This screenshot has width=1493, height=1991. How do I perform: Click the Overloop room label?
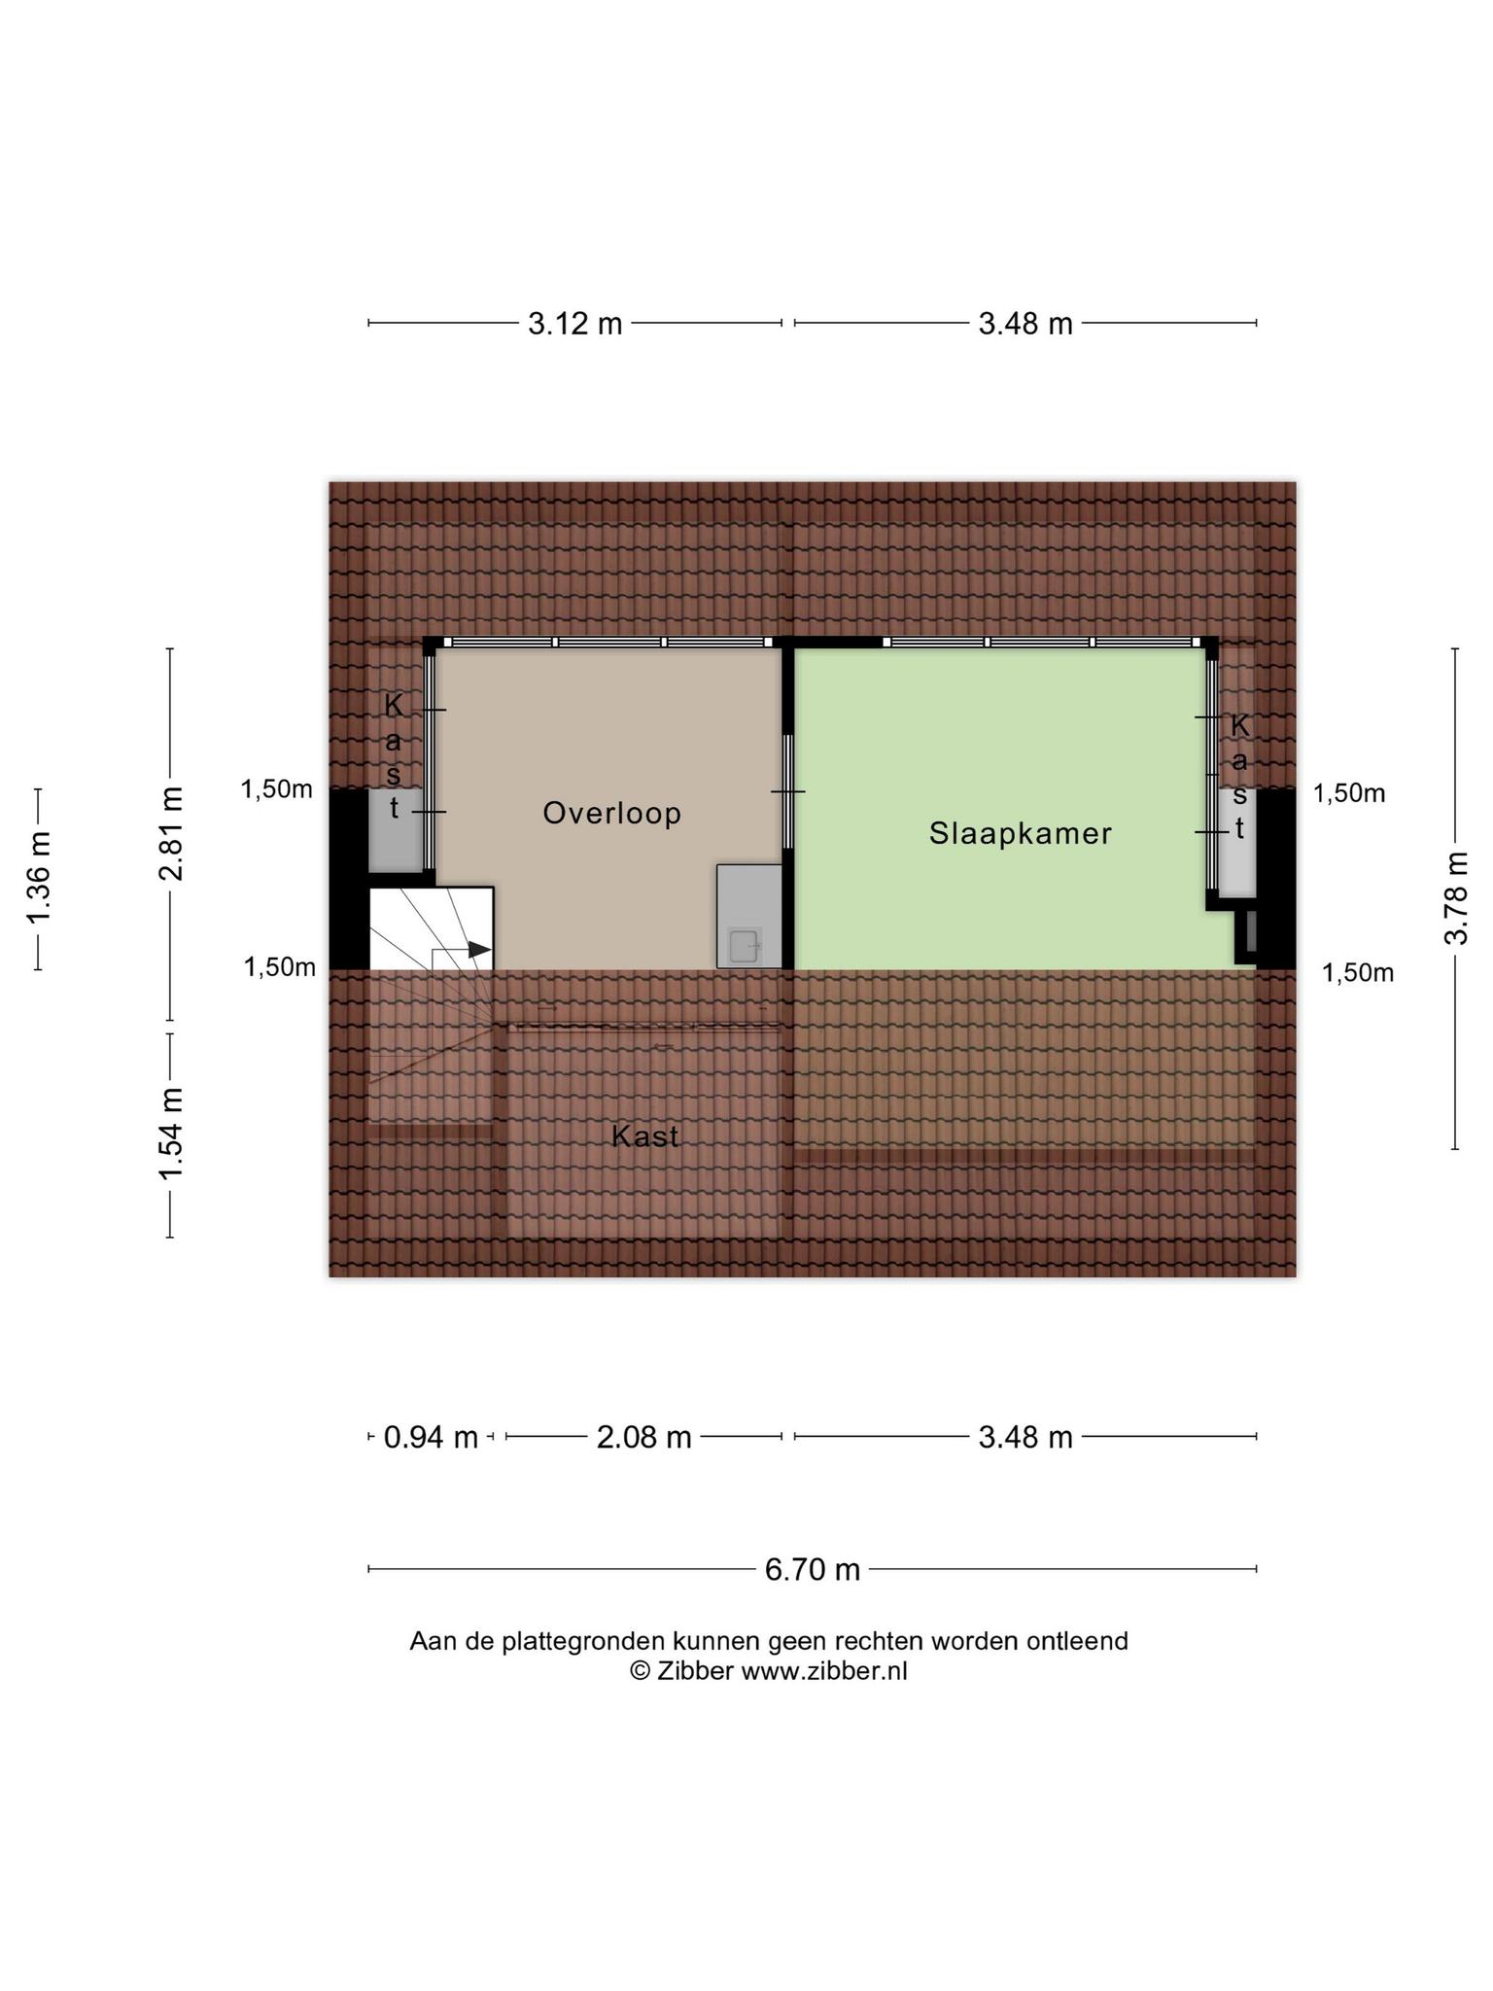(611, 813)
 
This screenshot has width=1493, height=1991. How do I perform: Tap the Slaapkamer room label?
(1021, 834)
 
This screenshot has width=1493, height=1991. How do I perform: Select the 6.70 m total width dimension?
(813, 1569)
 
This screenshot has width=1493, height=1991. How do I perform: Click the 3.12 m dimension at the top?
(575, 323)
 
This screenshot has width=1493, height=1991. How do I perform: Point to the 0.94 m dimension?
(431, 1436)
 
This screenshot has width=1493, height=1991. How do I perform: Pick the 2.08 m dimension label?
(643, 1436)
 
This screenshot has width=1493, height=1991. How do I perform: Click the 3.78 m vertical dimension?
(1455, 897)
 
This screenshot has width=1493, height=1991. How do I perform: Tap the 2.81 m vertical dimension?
(171, 833)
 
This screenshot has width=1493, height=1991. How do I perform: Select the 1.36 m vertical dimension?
(39, 879)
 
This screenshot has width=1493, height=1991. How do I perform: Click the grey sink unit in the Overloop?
(749, 916)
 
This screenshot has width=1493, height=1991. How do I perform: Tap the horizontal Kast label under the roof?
(645, 1135)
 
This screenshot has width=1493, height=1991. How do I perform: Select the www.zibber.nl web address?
(824, 1671)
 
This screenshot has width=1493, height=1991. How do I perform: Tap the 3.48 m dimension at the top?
(1025, 323)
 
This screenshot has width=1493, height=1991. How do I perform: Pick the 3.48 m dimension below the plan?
(1025, 1436)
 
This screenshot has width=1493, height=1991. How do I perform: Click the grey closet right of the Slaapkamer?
(1237, 842)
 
